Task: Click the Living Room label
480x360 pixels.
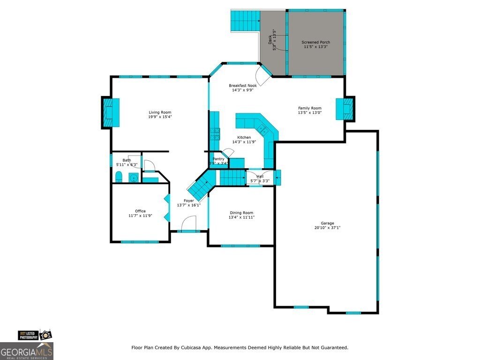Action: (x=160, y=112)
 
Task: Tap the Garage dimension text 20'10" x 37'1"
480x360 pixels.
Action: (x=327, y=228)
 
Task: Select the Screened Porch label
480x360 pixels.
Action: (x=315, y=42)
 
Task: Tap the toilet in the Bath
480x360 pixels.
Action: (x=119, y=177)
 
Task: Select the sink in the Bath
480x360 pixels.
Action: (x=133, y=178)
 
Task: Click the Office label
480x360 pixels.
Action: (x=140, y=211)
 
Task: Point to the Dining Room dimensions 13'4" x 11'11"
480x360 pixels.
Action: (x=241, y=217)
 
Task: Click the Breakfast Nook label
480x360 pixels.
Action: (x=243, y=86)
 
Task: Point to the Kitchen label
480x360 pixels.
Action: (x=244, y=137)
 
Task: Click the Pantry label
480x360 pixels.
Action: (x=218, y=159)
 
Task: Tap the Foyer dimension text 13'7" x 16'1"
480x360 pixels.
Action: (x=188, y=205)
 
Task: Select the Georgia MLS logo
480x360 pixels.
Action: (x=27, y=351)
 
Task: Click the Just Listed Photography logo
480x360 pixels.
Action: (x=35, y=335)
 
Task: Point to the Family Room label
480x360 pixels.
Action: (x=309, y=108)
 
